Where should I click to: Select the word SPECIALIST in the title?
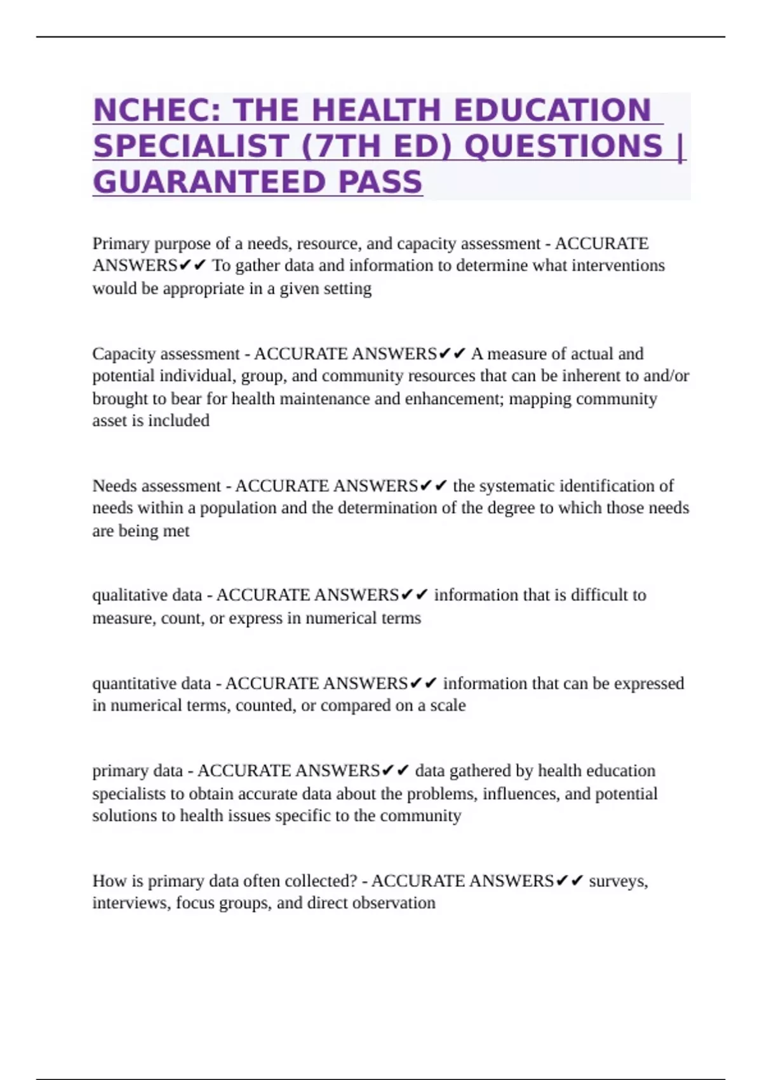tap(191, 146)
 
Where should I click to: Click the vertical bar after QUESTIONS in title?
tap(681, 146)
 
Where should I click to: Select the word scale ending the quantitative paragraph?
tap(448, 706)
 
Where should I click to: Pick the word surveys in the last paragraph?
tap(618, 881)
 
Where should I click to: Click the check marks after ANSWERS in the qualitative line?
tap(415, 595)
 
